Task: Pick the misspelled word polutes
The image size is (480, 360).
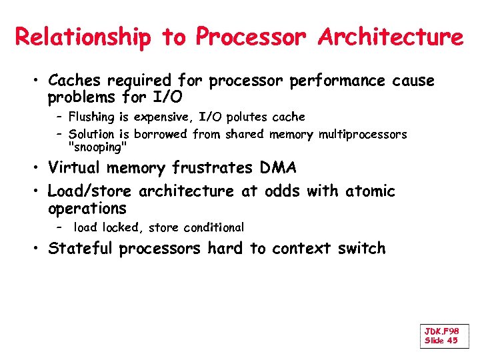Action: click(249, 117)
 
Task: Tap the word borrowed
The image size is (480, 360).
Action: click(162, 135)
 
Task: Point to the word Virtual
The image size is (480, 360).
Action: click(73, 168)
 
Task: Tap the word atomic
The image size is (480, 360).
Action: click(370, 192)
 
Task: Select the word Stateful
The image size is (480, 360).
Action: click(81, 249)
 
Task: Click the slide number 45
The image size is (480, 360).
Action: click(451, 341)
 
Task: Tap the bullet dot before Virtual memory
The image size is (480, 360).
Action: click(38, 169)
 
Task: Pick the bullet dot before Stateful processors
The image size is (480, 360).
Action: click(38, 249)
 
